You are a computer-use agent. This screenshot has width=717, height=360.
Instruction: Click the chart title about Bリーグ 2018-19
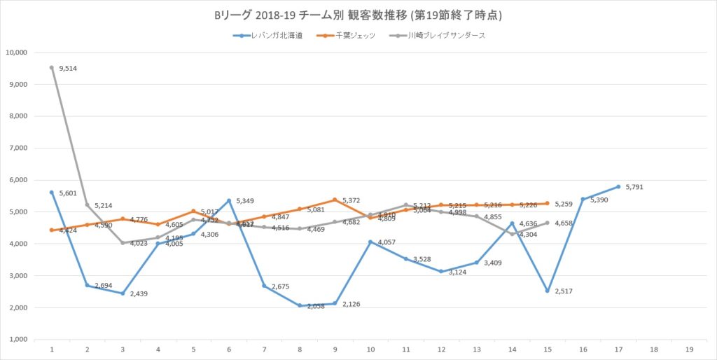[358, 15]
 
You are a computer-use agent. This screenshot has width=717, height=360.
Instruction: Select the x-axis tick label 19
[689, 349]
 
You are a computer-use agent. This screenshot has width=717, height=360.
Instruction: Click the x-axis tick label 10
[370, 349]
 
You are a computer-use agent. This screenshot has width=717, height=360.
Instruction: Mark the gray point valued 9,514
[51, 68]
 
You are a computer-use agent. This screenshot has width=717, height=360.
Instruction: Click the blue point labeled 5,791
[618, 186]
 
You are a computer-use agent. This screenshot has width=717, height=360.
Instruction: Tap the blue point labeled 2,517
[547, 291]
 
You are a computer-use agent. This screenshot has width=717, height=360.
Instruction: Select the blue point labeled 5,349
[228, 200]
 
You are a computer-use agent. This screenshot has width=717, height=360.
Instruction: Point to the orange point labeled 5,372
[335, 200]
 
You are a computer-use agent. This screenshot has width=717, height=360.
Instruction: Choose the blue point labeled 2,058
[299, 305]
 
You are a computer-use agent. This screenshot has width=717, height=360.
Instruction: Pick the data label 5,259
[565, 205]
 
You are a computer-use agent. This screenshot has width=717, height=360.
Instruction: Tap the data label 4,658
[565, 223]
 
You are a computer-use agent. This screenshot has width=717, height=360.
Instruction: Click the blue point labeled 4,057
[370, 242]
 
